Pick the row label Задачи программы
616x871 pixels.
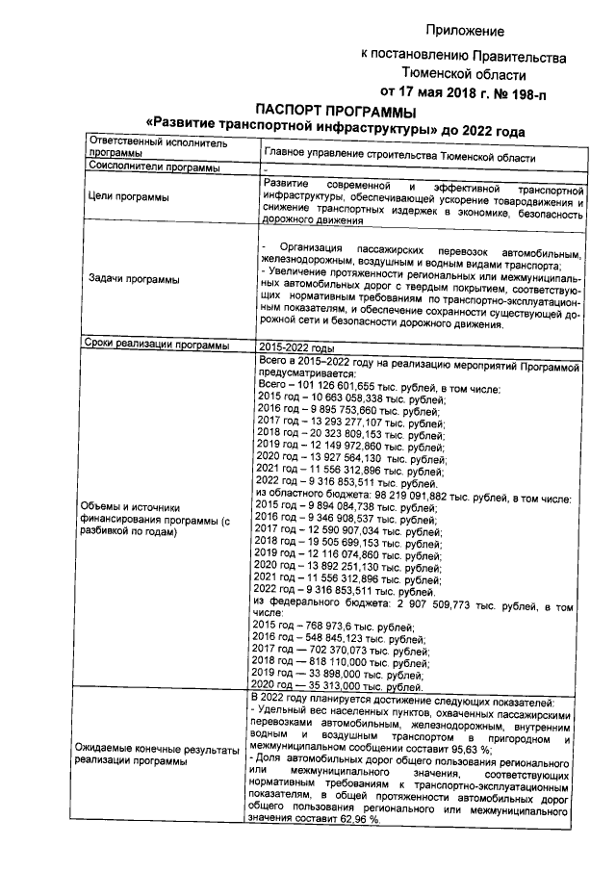133,279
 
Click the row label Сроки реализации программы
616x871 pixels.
157,345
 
